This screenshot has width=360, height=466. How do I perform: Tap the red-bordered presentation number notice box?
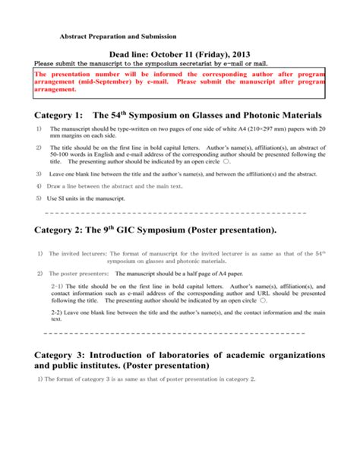click(x=180, y=84)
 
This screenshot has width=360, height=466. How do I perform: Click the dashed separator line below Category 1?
click(x=175, y=212)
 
